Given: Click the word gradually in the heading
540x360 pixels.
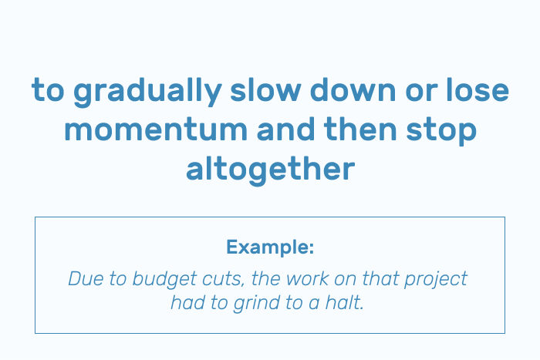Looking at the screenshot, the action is (x=147, y=92).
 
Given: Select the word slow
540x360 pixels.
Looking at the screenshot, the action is (x=265, y=89).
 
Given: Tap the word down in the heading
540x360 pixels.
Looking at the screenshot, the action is (x=353, y=89).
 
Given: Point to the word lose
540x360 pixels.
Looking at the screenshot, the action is (x=478, y=89).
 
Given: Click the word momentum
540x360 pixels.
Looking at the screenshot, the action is (x=156, y=130).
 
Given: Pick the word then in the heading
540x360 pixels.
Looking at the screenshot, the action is (x=360, y=129).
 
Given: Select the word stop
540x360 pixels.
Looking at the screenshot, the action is (x=441, y=131).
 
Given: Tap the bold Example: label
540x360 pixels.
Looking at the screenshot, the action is (x=270, y=247).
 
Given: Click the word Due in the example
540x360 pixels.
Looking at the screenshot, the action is (x=86, y=278).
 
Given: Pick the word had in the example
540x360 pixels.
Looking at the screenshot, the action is (x=188, y=303).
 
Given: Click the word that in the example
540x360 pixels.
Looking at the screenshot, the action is (x=380, y=278).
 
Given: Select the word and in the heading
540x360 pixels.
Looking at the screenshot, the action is (x=285, y=129).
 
